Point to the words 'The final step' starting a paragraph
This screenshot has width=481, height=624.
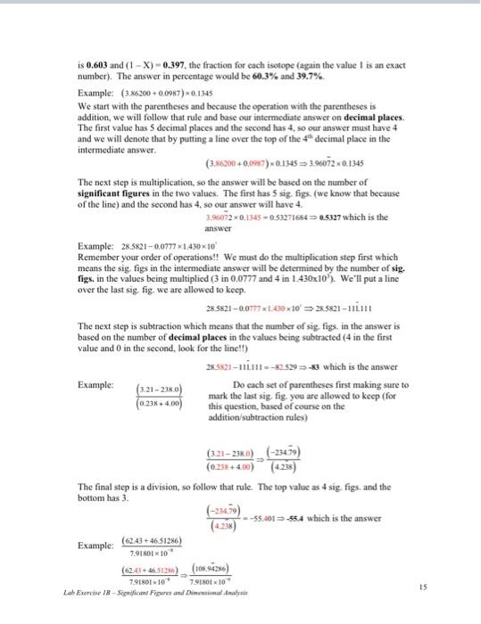[x=107, y=487]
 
